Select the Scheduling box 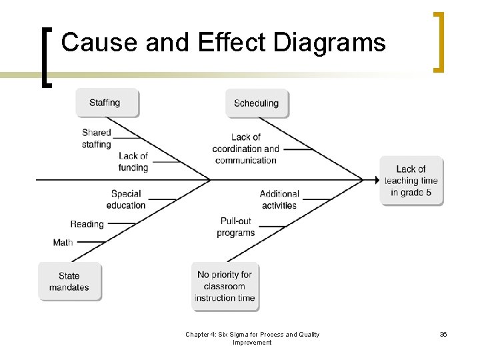(x=257, y=103)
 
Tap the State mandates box (x=69, y=281)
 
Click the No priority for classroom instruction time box (x=225, y=286)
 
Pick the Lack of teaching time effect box (x=411, y=181)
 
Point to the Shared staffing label (x=97, y=138)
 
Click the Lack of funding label (x=133, y=161)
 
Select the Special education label (x=126, y=199)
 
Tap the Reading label (x=87, y=224)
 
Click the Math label (x=63, y=242)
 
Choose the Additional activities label (x=279, y=199)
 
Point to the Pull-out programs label (x=236, y=227)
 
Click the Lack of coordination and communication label (x=246, y=149)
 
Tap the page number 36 (x=443, y=334)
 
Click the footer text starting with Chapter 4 (x=252, y=338)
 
